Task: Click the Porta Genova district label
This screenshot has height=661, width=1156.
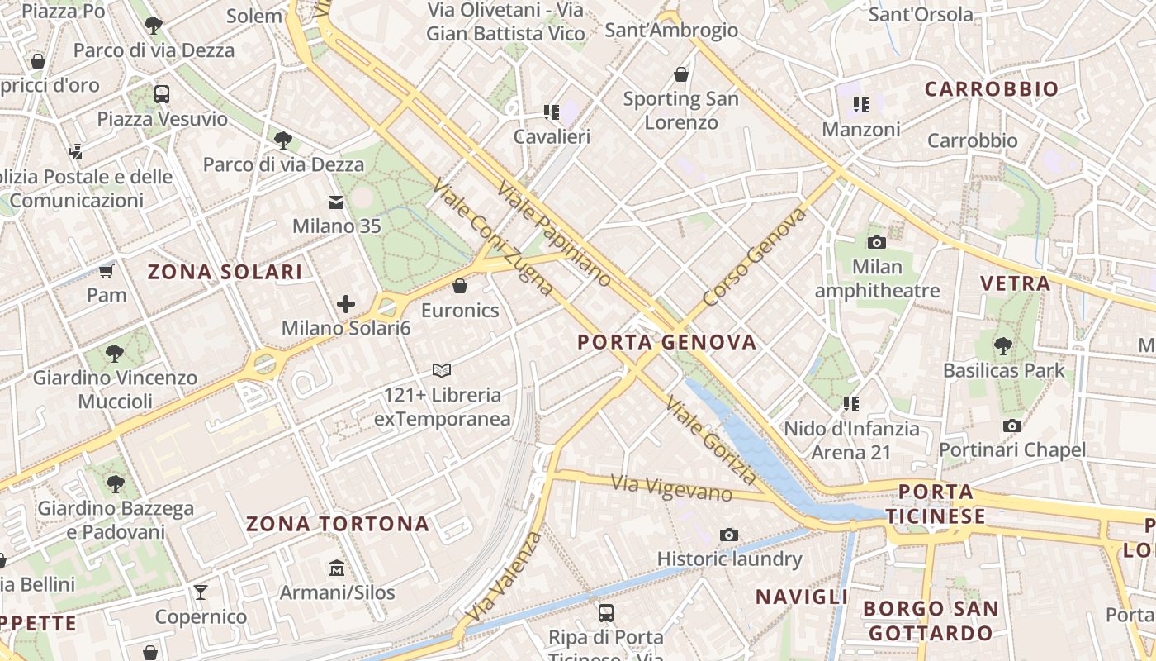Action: click(x=666, y=342)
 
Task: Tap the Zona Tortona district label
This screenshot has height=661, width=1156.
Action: click(x=338, y=524)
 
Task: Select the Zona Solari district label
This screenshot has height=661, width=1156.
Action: click(x=225, y=272)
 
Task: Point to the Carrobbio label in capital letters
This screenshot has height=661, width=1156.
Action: click(x=991, y=89)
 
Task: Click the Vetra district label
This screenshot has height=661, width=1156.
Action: click(x=1015, y=283)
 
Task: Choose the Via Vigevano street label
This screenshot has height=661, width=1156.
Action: click(x=671, y=488)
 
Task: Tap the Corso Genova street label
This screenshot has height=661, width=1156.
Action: click(x=754, y=257)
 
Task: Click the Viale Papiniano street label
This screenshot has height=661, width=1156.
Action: click(x=554, y=232)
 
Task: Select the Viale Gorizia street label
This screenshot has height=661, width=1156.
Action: click(x=711, y=441)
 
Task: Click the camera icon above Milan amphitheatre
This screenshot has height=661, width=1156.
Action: click(x=877, y=242)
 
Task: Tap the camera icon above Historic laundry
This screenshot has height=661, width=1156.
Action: click(x=728, y=535)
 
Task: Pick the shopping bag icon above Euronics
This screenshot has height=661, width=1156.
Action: click(x=460, y=286)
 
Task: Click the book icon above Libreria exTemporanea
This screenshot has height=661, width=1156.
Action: click(x=442, y=370)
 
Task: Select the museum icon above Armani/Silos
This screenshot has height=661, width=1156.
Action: click(x=337, y=568)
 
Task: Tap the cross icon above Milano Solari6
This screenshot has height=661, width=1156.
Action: click(x=346, y=304)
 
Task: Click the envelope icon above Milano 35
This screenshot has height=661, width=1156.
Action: click(x=336, y=202)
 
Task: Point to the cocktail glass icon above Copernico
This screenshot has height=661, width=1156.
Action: click(x=200, y=592)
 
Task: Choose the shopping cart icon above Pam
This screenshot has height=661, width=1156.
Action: click(x=106, y=271)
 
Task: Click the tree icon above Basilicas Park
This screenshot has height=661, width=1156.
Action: click(x=1003, y=345)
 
